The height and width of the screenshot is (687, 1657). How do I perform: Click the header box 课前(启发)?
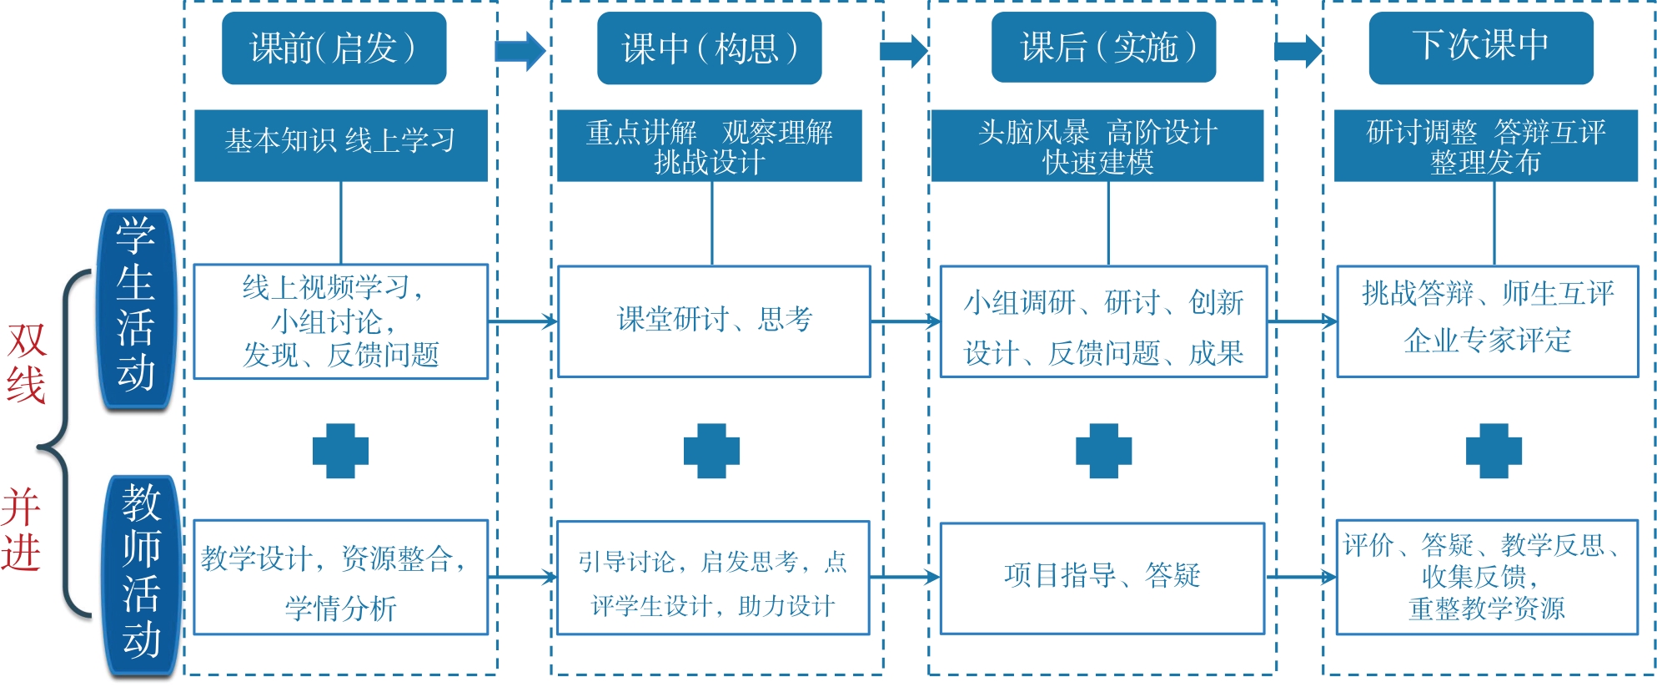[334, 48]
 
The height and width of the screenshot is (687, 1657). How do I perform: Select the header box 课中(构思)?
[709, 48]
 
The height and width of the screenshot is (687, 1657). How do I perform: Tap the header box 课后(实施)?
[1102, 48]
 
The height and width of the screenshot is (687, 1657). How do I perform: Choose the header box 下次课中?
[1480, 48]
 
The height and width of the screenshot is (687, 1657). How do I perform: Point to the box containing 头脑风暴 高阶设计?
[1097, 145]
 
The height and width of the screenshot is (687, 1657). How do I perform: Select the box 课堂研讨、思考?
[714, 321]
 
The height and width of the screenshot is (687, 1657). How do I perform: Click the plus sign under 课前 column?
[340, 451]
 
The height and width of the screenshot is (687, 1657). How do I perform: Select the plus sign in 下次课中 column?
[1494, 451]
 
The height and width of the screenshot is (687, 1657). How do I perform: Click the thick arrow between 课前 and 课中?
[520, 51]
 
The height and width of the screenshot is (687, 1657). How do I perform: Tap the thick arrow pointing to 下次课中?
[1298, 51]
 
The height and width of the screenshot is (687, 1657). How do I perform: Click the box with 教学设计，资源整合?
[340, 578]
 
